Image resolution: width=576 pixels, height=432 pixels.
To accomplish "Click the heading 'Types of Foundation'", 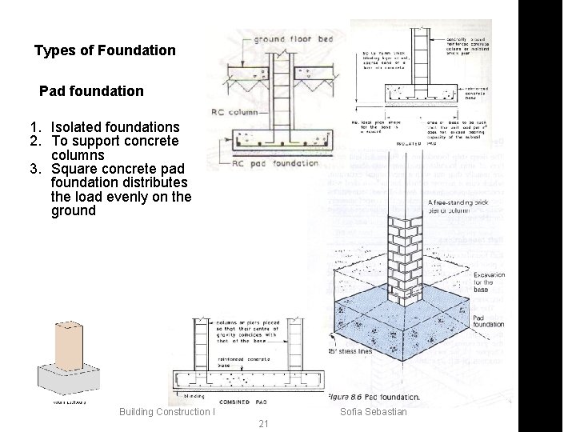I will pyautogui.click(x=105, y=51).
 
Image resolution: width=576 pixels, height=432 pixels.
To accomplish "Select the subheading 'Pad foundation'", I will pyautogui.click(x=91, y=91).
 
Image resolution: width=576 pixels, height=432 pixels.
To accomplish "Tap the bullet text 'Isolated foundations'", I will pyautogui.click(x=115, y=127).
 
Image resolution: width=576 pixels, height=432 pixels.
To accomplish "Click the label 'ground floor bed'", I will pyautogui.click(x=285, y=40).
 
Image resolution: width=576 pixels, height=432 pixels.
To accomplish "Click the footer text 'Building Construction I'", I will pyautogui.click(x=167, y=411).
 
